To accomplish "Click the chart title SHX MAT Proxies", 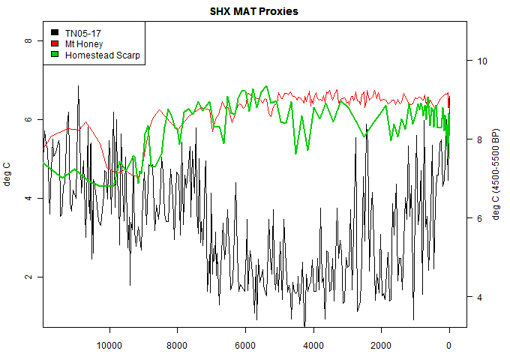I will (254, 13).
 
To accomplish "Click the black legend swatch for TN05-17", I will (55, 33).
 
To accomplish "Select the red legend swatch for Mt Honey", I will (55, 44).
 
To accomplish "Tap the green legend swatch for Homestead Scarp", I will (55, 55).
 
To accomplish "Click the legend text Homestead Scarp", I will (103, 55).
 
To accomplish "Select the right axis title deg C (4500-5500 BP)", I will (496, 175).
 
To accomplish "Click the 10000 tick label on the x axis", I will (109, 346).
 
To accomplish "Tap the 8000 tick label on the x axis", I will (178, 346).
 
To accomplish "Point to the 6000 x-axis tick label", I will (245, 346).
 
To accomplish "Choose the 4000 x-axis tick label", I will (313, 346).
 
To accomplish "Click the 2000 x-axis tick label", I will (381, 346).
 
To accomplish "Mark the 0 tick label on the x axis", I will (449, 346).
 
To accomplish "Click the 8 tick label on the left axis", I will (28, 40).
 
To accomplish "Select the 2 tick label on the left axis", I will (28, 277).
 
